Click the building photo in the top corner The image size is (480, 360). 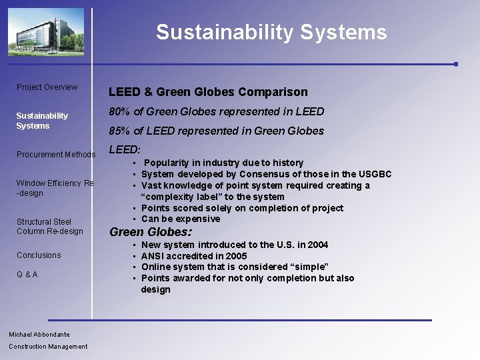point(46,32)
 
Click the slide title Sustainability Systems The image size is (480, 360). point(271,33)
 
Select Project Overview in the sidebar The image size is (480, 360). point(47,87)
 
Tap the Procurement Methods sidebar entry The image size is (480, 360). point(56,155)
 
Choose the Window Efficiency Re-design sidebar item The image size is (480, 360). point(55,188)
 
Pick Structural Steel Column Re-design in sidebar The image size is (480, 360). point(50,227)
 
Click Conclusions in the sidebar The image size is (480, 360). point(39,255)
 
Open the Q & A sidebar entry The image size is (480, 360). point(27,275)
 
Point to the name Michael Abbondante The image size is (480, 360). point(39,335)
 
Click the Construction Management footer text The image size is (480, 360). point(48,347)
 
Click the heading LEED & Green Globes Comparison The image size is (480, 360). point(208,92)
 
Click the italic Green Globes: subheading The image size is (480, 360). point(150,233)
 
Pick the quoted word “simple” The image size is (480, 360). point(309,267)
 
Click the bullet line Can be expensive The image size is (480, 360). point(181,219)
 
